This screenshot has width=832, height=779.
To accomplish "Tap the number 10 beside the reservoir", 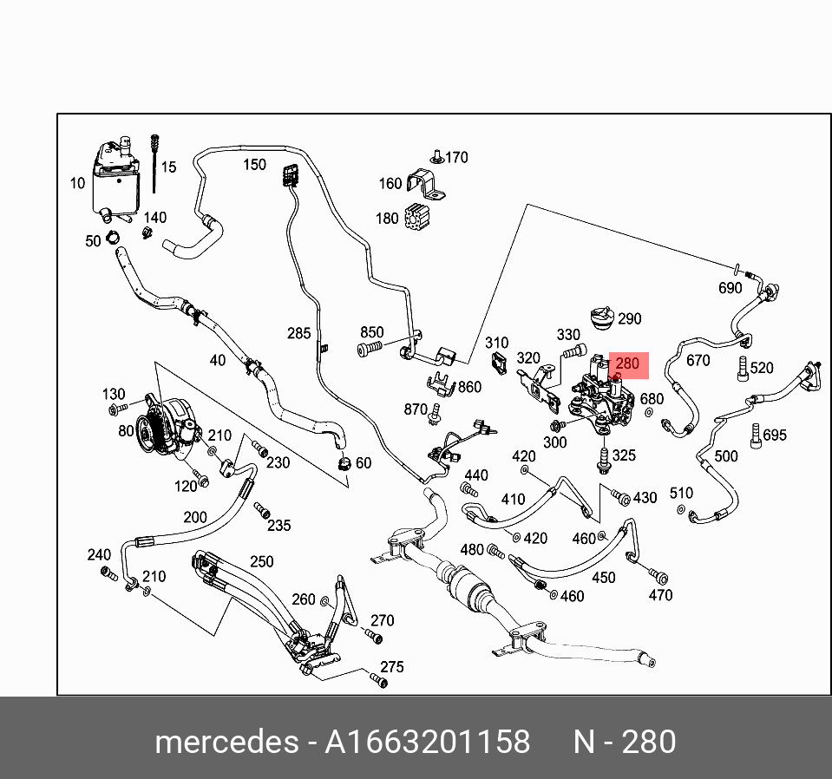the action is pos(78,183).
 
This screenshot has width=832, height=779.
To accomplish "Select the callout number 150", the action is pos(254,165).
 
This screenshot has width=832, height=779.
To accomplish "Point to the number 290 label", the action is pos(629,318).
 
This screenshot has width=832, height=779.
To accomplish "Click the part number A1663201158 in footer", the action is pos(427,743).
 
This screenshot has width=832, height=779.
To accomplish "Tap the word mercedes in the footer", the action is pos(225,743).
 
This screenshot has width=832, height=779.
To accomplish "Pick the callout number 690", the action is pos(730,288).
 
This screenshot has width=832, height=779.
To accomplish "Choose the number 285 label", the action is pos(299,333).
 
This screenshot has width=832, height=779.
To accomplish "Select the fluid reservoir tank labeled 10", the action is pos(115,177).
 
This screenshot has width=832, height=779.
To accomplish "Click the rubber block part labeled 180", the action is pos(419,218).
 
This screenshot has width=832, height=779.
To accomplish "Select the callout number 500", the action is pos(725,455).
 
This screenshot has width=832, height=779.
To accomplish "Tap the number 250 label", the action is pos(262,562).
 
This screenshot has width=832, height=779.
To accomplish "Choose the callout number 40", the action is pos(217,360).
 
